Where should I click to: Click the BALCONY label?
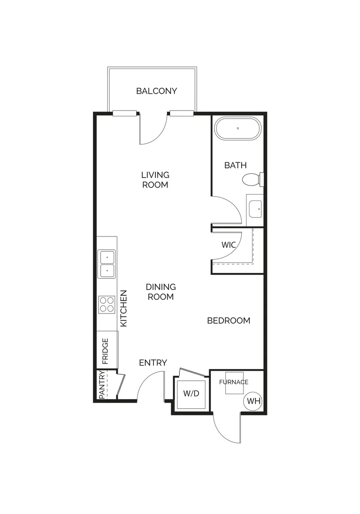[x=156, y=91]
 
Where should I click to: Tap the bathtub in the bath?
[x=238, y=128]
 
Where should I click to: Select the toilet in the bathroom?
[x=253, y=179]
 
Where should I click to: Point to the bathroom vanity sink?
[x=255, y=209]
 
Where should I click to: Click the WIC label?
[x=229, y=245]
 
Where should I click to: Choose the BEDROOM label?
[x=229, y=320]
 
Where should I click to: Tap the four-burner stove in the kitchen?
[x=107, y=305]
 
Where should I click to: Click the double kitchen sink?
[x=107, y=264]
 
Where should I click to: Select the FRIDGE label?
[x=105, y=351]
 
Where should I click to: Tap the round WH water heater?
[x=253, y=401]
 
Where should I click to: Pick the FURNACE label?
[x=234, y=382]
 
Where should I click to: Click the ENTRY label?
[x=153, y=363]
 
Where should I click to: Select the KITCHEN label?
[x=124, y=308]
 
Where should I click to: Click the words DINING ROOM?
[x=161, y=292]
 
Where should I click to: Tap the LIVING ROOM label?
[x=155, y=180]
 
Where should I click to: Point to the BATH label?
[x=236, y=165]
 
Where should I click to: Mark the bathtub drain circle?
[x=238, y=128]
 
